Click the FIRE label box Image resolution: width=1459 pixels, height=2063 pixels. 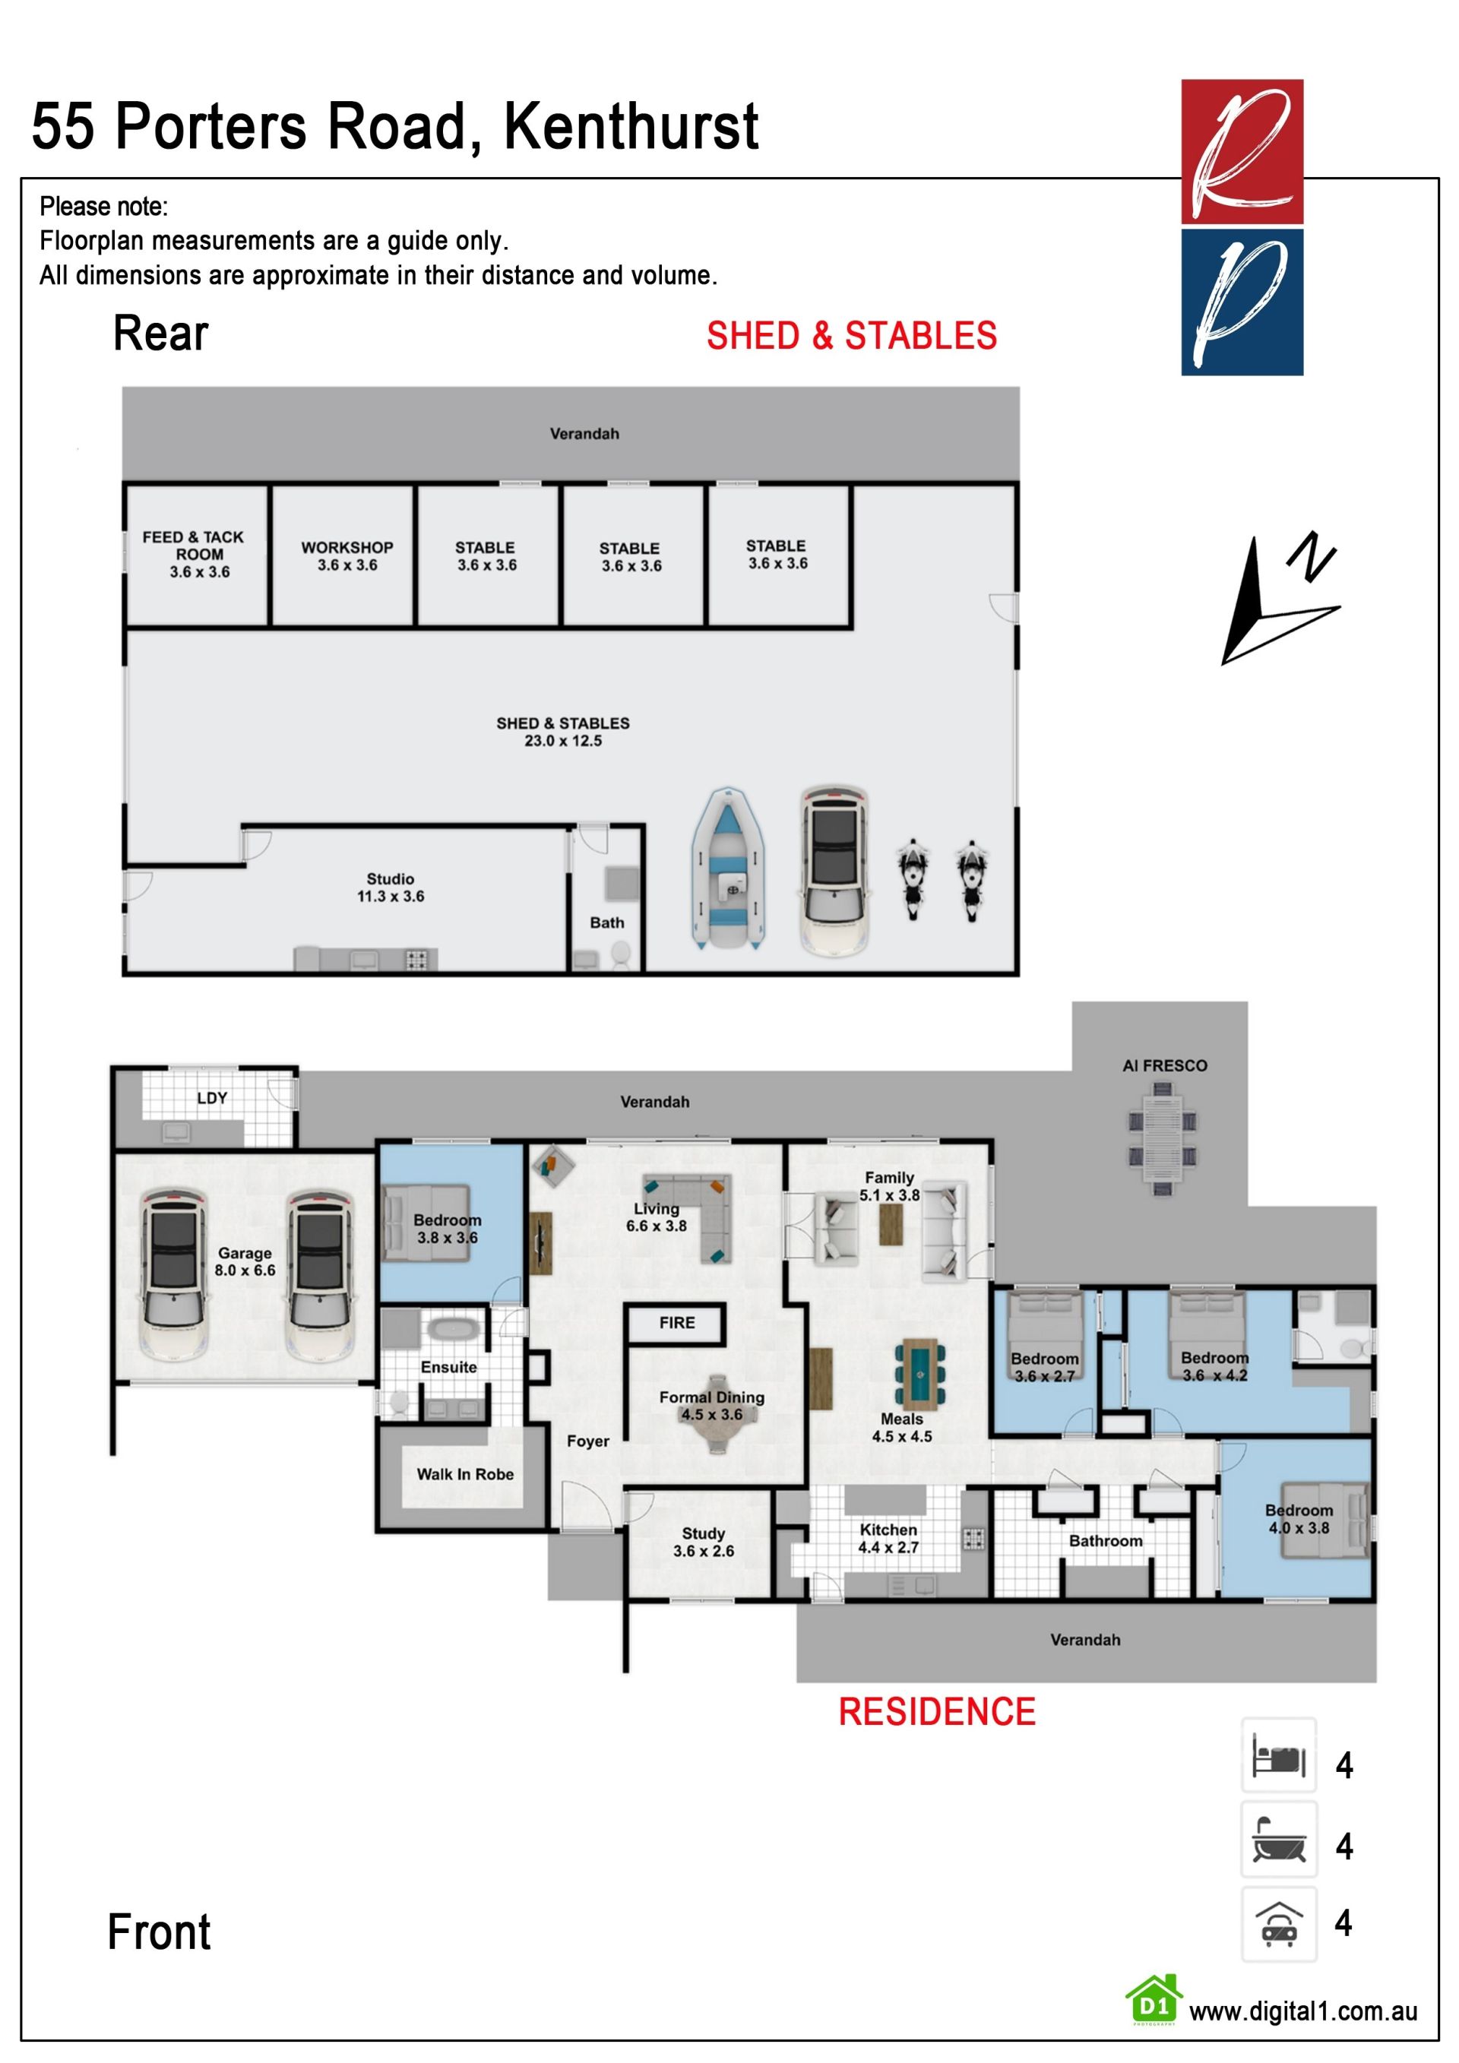click(676, 1324)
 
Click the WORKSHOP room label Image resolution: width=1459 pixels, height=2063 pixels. click(347, 556)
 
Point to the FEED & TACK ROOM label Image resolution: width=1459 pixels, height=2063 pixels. click(193, 553)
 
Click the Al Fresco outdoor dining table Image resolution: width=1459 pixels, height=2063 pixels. click(1163, 1138)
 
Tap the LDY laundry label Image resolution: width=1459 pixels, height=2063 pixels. click(212, 1098)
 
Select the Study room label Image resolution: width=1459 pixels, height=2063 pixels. click(704, 1542)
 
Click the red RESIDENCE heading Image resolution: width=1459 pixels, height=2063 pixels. click(937, 1712)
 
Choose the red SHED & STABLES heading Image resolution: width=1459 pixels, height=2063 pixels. click(852, 335)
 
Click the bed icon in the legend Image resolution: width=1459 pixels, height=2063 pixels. click(1278, 1756)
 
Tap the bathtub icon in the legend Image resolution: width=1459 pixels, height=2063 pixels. click(1278, 1838)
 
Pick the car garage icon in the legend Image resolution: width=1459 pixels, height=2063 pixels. click(1278, 1924)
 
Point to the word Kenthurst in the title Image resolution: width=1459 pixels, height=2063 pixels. click(631, 126)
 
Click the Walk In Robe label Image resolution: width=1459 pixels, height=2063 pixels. click(465, 1473)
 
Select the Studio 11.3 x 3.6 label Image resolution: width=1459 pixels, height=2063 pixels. click(391, 887)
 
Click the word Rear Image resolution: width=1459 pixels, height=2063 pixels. click(161, 334)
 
